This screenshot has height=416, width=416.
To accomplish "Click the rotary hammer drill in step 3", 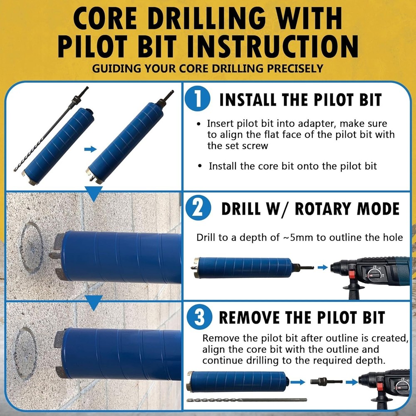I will tap(385, 385).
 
